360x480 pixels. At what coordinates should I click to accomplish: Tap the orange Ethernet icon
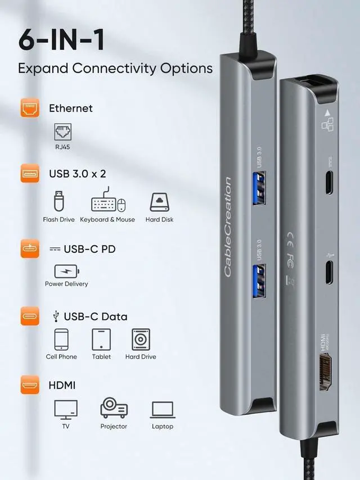30,108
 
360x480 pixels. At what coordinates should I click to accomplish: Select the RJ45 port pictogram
62,132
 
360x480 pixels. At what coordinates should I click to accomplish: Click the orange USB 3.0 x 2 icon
30,174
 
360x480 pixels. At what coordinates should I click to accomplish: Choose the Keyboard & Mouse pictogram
107,203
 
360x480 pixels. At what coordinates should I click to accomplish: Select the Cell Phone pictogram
61,339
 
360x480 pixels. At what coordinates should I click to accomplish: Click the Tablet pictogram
101,339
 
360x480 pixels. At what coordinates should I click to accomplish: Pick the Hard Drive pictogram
141,339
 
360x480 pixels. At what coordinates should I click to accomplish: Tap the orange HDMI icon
30,386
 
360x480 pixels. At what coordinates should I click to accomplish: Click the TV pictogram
66,409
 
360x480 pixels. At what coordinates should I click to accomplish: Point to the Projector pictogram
114,409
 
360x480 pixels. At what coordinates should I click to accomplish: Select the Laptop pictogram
163,409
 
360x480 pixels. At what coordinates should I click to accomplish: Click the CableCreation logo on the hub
228,227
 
